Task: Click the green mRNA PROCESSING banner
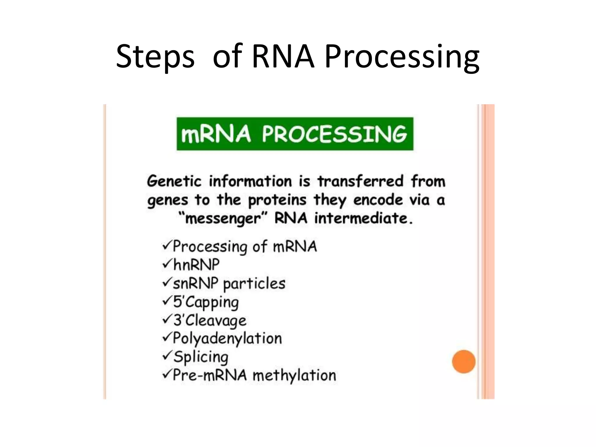[x=295, y=134]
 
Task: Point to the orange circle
[x=464, y=361]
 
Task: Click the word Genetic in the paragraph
[x=174, y=181]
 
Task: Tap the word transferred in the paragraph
[x=360, y=181]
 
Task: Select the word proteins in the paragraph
[x=277, y=200]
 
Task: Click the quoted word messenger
[x=223, y=219]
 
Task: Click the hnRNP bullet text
[x=196, y=265]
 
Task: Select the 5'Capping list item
[x=206, y=302]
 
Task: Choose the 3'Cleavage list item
[x=210, y=320]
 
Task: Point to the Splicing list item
[x=201, y=357]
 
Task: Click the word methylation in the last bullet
[x=294, y=375]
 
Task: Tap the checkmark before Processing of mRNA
[x=167, y=246]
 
